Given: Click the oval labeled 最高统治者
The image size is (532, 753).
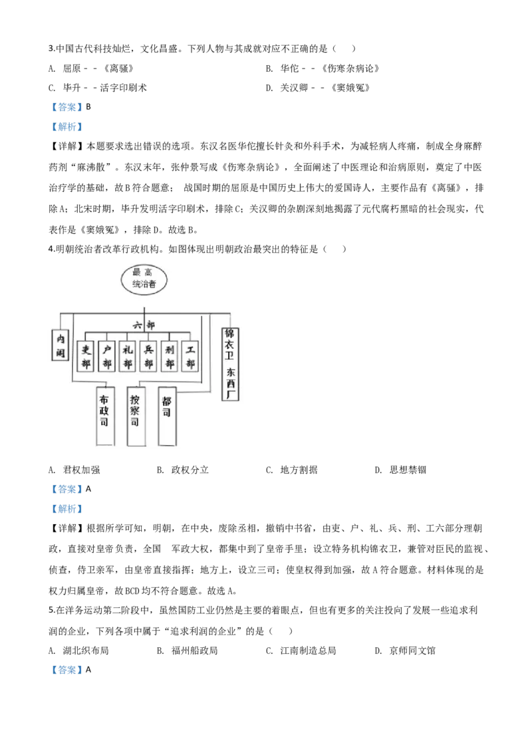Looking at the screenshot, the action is point(144,279).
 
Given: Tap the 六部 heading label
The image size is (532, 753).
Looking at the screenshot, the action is point(144,325).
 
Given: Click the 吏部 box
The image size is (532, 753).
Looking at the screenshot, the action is point(85,356).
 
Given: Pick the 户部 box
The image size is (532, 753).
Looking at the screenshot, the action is point(106,356).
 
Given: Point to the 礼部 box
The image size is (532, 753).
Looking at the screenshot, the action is point(128,356).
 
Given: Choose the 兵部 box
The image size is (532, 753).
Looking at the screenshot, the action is point(148,356).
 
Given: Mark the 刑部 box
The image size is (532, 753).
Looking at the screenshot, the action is point(170,356).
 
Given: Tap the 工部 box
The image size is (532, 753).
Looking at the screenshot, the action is point(190,356).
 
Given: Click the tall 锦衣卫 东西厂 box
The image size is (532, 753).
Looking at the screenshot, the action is point(231,363).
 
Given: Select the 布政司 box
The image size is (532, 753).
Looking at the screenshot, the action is point(104,416).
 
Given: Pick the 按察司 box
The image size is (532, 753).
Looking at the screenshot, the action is point(136,416).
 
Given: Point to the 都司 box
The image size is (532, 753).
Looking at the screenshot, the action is point(167,416).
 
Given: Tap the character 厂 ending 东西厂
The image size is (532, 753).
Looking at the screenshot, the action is point(231,394).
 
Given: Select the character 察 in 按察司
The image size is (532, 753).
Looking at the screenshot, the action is point(135,411).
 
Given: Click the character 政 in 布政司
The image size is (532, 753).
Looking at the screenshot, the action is point(104,411).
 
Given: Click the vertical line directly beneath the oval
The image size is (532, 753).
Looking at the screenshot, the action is point(144,303).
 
